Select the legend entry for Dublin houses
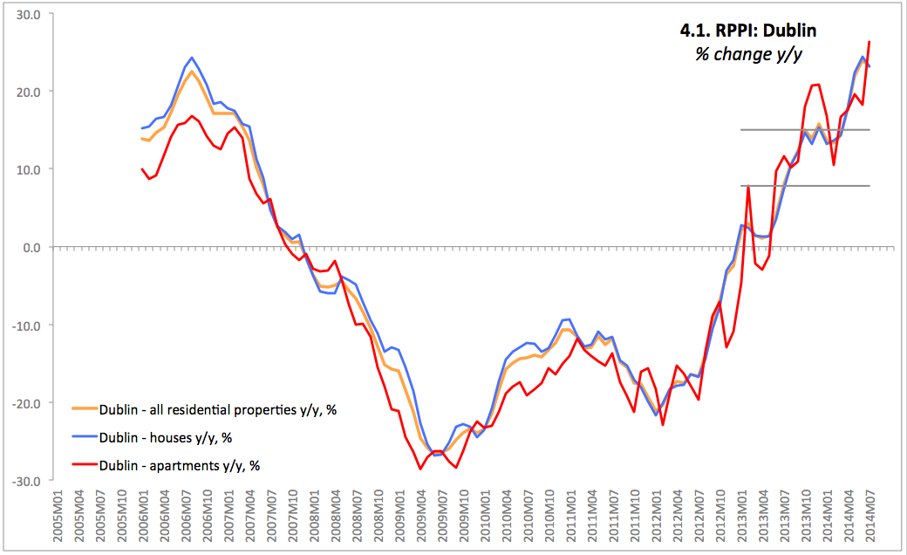point(165,437)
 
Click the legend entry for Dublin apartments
point(180,465)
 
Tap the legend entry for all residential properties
point(217,409)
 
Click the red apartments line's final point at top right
point(869,42)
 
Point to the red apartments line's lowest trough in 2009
point(420,469)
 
